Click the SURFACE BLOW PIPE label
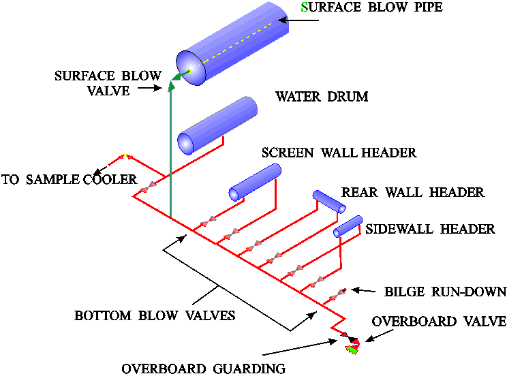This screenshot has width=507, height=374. [x=371, y=8]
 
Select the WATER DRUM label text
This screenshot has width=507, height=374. [x=322, y=97]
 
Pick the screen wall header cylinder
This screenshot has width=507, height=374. [x=255, y=183]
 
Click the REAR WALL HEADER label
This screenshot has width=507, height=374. [x=412, y=192]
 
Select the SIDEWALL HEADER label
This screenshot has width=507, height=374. [x=430, y=229]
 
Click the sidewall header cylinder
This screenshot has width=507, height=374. [x=348, y=226]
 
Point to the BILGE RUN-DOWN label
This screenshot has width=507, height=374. [x=445, y=292]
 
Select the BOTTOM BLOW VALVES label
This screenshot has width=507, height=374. [x=155, y=316]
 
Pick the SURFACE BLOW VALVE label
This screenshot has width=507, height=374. [x=108, y=82]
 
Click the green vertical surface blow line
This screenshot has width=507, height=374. [x=170, y=157]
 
